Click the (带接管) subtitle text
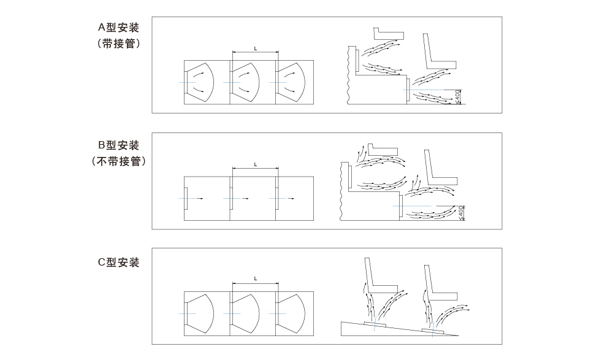click(120, 44)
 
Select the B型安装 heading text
click(119, 145)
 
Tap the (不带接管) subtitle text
click(119, 162)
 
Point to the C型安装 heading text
click(119, 263)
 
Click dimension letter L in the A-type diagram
click(254, 48)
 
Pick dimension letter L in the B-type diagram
click(254, 165)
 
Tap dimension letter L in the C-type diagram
click(254, 280)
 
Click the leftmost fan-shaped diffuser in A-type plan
click(199, 82)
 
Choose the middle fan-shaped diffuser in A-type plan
click(245, 82)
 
